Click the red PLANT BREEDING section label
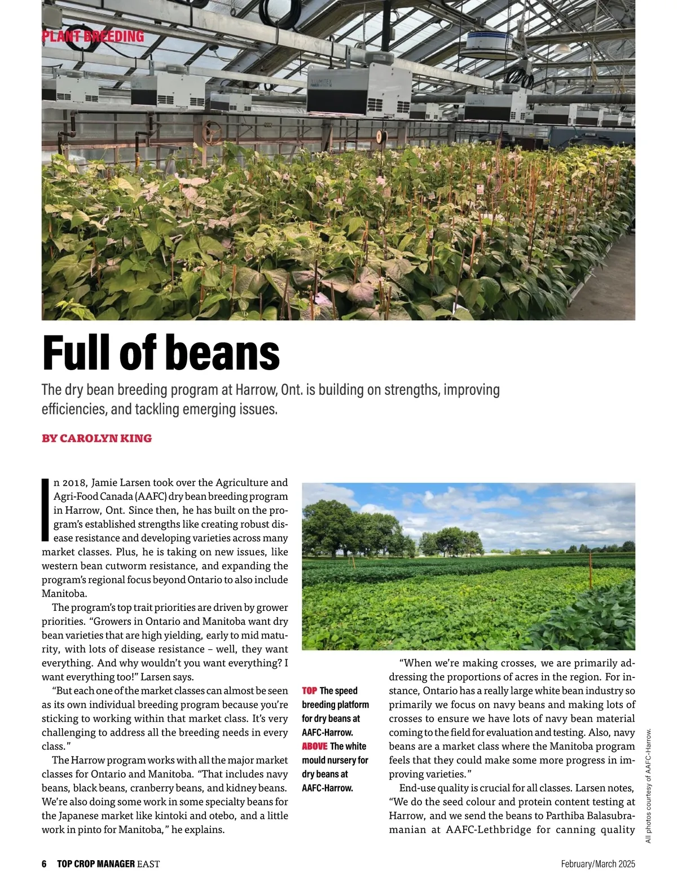(x=93, y=37)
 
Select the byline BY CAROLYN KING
(x=96, y=438)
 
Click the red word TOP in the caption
(x=309, y=691)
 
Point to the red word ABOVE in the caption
(x=314, y=746)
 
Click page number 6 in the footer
(x=44, y=864)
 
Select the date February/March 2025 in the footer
(x=598, y=864)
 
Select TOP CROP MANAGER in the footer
(x=96, y=864)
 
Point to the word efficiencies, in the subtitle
(x=74, y=409)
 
